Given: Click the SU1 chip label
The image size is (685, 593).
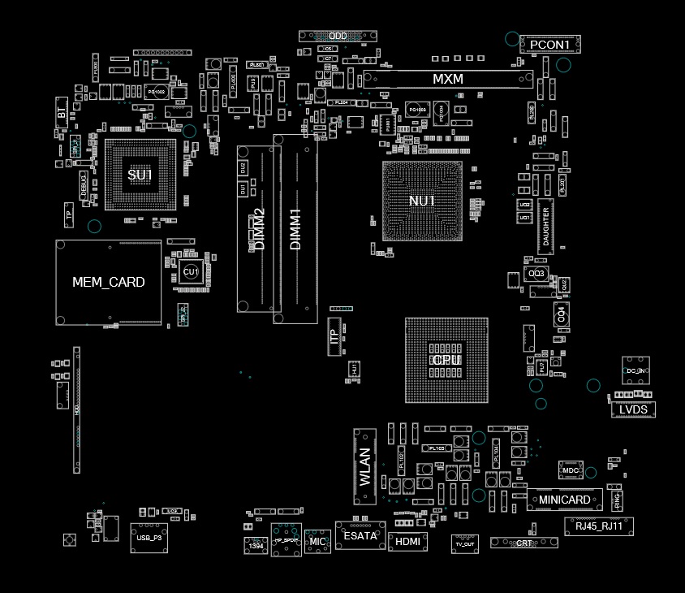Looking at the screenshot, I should point(140,175).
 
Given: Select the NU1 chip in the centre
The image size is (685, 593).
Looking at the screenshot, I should point(422,201).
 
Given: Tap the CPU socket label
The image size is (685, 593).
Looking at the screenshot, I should point(446,360).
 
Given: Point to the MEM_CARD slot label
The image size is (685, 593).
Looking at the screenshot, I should point(108,282).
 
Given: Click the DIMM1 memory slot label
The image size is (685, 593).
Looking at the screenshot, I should point(295,229).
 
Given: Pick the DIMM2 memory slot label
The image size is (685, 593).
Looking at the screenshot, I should point(259,229).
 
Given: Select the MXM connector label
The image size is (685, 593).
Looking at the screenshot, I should point(447,79).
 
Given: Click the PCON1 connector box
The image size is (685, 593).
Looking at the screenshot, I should point(550,44).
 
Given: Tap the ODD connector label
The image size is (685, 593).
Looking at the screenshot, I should point(338,36).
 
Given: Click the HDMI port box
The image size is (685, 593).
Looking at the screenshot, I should point(407,540).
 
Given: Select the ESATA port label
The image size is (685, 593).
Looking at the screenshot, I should point(360,536).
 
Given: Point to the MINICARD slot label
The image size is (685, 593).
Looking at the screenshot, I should point(565,500).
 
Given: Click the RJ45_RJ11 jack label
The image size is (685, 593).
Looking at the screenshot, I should point(598,526).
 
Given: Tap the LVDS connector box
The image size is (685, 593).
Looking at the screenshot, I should point(633,409).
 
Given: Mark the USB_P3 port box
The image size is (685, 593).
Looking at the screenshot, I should point(149,538).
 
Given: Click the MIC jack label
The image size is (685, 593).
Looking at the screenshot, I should point(318,541).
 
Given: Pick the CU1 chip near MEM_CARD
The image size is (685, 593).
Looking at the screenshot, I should point(191,271).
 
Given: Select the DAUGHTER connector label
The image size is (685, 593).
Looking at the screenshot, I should point(546,227).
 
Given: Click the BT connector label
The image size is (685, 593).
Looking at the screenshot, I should point(62,113).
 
